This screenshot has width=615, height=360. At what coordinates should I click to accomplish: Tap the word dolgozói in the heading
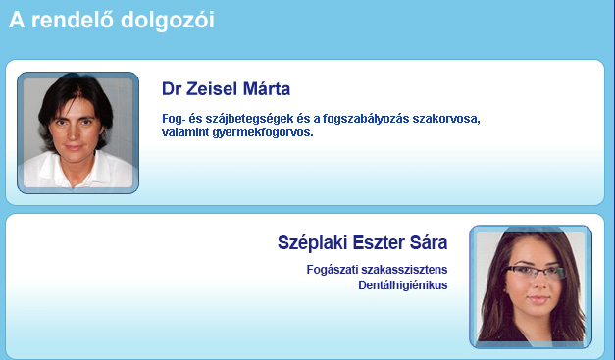click(168, 22)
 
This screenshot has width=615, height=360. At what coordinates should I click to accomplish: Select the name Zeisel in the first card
click(212, 89)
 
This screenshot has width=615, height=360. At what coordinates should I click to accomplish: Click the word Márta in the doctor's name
click(267, 89)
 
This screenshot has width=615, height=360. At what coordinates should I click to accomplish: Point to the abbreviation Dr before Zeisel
click(172, 89)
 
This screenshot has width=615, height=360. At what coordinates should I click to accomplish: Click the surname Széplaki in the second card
click(313, 242)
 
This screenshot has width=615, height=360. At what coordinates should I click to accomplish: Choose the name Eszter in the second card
click(379, 242)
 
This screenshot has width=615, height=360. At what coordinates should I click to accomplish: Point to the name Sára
click(429, 242)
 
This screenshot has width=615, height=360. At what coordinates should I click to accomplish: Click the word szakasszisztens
click(404, 270)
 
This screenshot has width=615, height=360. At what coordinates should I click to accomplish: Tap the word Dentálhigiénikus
click(403, 285)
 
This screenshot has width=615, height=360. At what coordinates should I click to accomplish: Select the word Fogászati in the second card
click(332, 270)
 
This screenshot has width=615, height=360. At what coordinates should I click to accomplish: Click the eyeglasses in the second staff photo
click(535, 272)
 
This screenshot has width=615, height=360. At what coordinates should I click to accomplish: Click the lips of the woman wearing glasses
click(538, 300)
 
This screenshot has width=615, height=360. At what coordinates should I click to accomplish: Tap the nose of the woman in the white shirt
click(74, 134)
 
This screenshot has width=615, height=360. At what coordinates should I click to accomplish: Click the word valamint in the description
click(185, 132)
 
